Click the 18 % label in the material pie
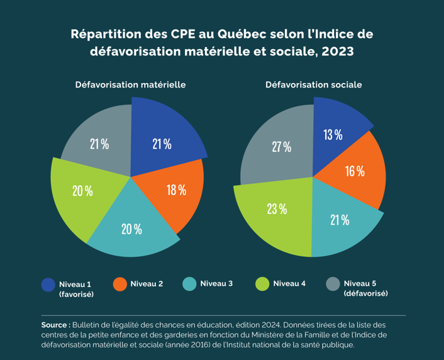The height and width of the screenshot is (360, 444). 176,189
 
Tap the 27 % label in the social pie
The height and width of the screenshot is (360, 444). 281,147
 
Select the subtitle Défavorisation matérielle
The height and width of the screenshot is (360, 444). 130,84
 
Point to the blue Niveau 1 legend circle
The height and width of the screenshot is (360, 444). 48,284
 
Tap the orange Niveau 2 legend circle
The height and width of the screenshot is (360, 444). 120,284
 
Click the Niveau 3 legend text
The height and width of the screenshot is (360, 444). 216,284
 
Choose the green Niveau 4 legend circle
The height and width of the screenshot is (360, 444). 263,284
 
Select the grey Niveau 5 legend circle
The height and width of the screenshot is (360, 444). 334,284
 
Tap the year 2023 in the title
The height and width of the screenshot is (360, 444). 338,52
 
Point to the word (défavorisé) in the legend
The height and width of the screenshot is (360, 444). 366,294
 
